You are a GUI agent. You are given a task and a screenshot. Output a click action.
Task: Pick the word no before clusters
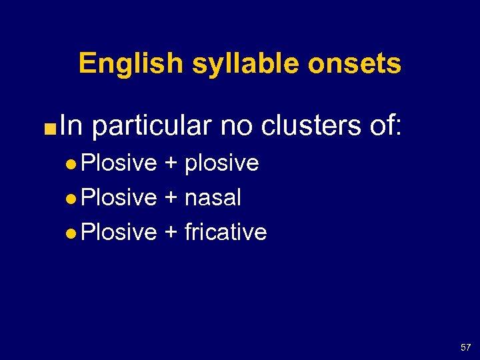pyautogui.click(x=237, y=125)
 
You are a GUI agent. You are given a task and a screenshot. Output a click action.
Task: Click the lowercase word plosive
pyautogui.click(x=221, y=163)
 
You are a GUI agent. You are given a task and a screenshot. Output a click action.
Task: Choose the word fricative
pyautogui.click(x=225, y=232)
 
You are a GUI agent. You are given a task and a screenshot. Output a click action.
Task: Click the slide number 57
pyautogui.click(x=465, y=347)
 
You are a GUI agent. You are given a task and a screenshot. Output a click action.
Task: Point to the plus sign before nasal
pyautogui.click(x=171, y=199)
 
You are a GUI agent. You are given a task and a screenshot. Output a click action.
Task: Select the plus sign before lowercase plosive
pyautogui.click(x=171, y=164)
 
